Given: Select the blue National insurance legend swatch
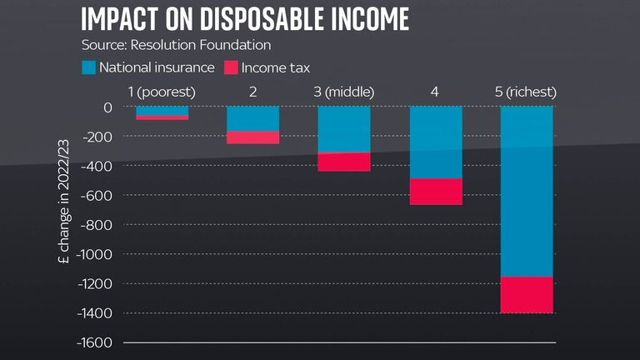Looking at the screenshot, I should [x=89, y=67].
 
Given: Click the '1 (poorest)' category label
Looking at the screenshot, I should [x=162, y=90].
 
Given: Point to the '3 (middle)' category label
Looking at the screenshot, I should [x=344, y=90].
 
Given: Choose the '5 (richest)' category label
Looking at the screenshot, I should [x=526, y=90].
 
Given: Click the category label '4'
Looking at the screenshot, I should [x=435, y=90].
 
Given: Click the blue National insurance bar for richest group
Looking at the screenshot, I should [x=527, y=192].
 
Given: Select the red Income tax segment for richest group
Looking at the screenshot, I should [x=527, y=295].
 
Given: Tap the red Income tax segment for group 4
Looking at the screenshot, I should [x=436, y=192].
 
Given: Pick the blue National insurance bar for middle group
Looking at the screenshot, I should [x=344, y=129].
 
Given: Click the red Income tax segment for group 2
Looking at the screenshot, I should [x=252, y=137].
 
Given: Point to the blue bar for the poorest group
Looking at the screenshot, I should [x=162, y=111].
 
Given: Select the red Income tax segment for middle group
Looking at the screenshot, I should [x=344, y=162].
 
